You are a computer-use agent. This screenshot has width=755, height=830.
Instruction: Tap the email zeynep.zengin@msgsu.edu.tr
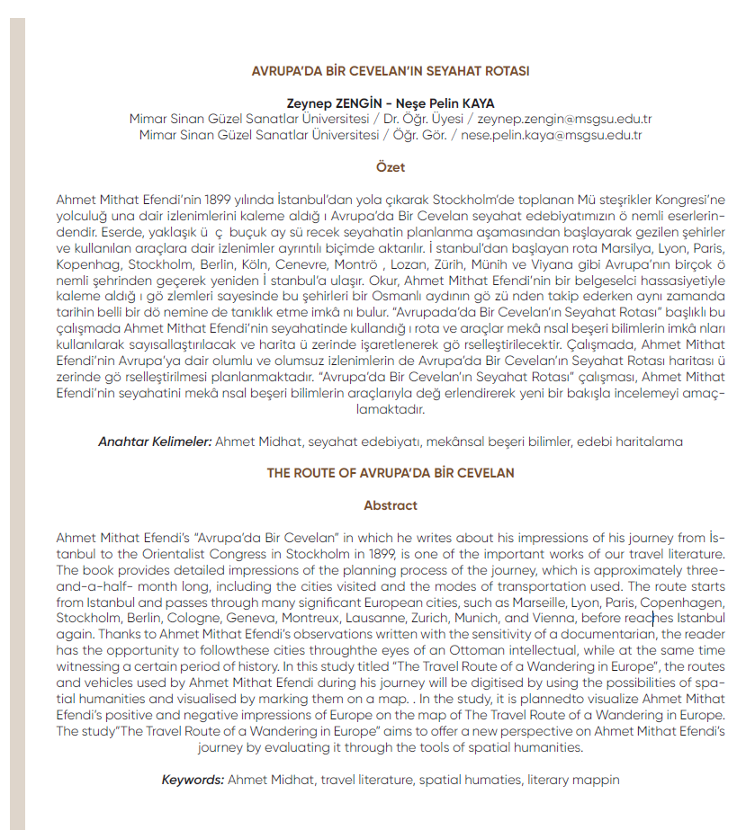pos(565,119)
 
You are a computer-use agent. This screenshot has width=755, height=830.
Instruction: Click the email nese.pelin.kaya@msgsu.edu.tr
pos(551,135)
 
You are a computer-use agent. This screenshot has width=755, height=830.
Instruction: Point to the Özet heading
pos(391,166)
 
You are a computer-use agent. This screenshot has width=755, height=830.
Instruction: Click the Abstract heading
pos(391,505)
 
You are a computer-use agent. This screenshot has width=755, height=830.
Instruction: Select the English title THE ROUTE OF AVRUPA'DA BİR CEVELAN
pos(391,473)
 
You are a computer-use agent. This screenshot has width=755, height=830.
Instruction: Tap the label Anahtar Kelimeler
pos(155,442)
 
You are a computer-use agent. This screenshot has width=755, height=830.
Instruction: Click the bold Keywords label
pos(193,780)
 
